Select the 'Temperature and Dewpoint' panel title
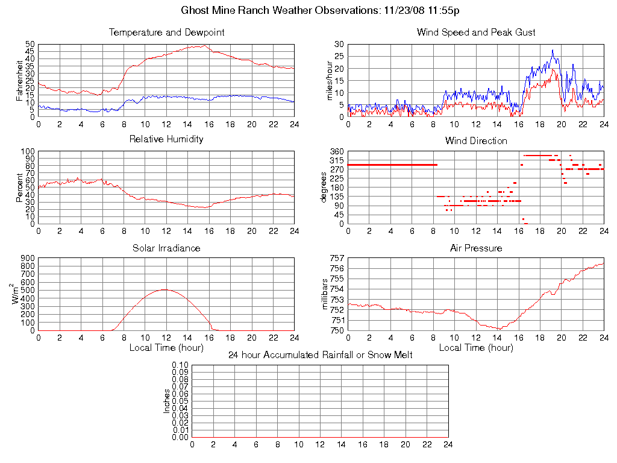(x=166, y=33)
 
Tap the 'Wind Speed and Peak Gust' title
(x=476, y=33)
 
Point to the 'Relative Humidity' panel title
(x=166, y=139)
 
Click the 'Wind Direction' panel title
(x=476, y=141)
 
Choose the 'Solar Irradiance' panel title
(x=166, y=248)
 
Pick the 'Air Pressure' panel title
(x=476, y=248)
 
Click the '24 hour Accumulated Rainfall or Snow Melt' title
(x=321, y=355)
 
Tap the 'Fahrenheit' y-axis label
(x=20, y=80)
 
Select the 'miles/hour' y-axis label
(x=329, y=80)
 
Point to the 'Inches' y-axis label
(x=167, y=401)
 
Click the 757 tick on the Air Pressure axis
(x=336, y=258)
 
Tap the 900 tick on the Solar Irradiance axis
(x=27, y=258)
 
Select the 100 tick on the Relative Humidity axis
(x=27, y=151)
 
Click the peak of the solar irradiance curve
(x=164, y=289)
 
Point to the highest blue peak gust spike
(x=552, y=51)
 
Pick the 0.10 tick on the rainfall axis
(x=180, y=365)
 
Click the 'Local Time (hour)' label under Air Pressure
(x=476, y=348)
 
